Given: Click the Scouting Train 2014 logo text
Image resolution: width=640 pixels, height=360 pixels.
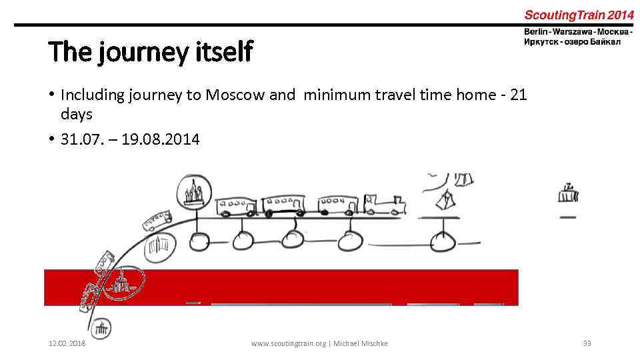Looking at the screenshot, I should (578, 15).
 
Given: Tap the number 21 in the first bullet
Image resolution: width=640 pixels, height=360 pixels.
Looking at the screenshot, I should (518, 95).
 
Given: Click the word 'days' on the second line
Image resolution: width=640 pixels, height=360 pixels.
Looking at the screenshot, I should (76, 115).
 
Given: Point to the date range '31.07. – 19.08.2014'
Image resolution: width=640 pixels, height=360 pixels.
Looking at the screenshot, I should (130, 139).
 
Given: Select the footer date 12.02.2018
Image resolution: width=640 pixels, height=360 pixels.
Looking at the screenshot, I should (67, 343).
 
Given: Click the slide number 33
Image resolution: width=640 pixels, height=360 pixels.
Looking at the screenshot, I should (587, 343).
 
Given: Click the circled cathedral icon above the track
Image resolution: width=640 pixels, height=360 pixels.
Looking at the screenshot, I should (194, 191).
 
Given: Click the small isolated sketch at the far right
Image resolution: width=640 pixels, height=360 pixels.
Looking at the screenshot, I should (568, 194).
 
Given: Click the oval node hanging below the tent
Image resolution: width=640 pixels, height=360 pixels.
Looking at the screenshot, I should (441, 242).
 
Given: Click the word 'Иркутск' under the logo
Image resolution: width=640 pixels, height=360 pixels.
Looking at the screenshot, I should (541, 42).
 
